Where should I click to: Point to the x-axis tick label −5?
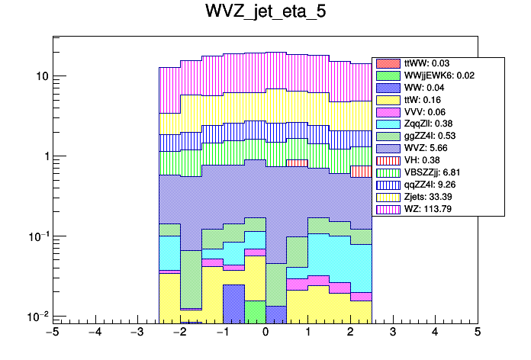[x=52, y=332]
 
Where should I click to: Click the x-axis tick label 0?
[x=265, y=332]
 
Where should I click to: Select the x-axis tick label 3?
[x=392, y=332]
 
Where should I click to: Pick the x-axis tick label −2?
[x=179, y=332]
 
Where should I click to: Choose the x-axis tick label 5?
[x=478, y=332]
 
